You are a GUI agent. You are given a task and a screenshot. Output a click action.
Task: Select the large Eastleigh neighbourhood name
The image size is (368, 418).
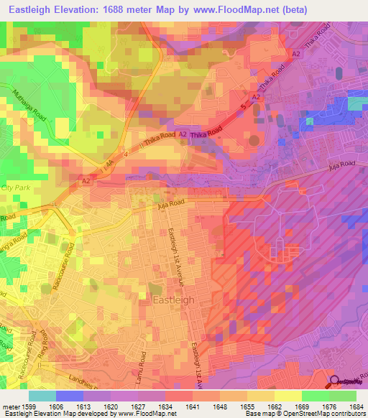pyautogui.click(x=172, y=300)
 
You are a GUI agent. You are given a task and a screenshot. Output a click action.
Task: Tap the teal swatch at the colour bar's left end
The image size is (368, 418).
pyautogui.click(x=42, y=396)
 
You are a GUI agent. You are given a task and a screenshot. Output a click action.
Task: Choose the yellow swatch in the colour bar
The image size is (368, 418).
pyautogui.click(x=287, y=396)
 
